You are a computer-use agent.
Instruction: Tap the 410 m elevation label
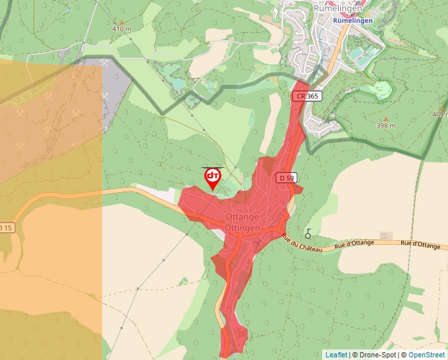(x=122, y=29)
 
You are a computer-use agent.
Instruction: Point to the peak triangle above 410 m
(x=121, y=21)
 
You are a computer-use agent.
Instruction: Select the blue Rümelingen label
(x=353, y=20)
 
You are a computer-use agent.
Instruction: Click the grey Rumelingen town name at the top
(x=337, y=9)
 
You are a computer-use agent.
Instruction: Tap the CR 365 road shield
(x=307, y=96)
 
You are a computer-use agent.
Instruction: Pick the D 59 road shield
(x=287, y=178)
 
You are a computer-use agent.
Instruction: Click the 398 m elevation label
(x=386, y=126)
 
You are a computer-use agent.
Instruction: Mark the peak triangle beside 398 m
(x=386, y=118)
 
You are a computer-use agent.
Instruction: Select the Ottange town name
(x=242, y=217)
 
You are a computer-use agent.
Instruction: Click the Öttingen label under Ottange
(x=242, y=228)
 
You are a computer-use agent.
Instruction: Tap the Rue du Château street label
(x=302, y=243)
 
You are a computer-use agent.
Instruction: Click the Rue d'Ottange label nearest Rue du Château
(x=354, y=244)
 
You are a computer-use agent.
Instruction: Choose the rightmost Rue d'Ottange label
(x=420, y=244)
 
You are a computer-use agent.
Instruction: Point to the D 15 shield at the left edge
(x=5, y=228)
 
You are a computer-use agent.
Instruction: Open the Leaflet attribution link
(x=336, y=355)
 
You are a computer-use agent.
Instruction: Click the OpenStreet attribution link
(x=426, y=355)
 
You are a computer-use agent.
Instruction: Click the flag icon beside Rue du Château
(x=308, y=233)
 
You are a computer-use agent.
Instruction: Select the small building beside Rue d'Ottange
(x=385, y=235)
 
